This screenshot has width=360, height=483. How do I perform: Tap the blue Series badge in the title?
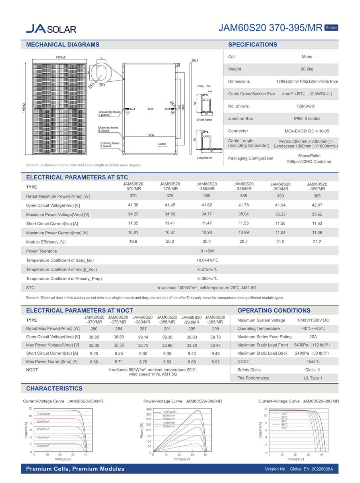tap(331, 28)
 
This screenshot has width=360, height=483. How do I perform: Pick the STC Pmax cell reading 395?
tap(317, 195)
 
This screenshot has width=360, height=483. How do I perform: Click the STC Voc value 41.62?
tap(206, 205)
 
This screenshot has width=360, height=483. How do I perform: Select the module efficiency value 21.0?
tap(280, 242)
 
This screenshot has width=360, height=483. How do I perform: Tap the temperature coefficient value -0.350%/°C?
tap(207, 279)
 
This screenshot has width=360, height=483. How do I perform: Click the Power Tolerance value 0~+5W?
tap(207, 251)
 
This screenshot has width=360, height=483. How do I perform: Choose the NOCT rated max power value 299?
tap(215, 329)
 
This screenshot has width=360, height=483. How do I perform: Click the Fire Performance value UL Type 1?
tap(313, 378)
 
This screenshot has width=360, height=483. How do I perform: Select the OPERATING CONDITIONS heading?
tap(274, 310)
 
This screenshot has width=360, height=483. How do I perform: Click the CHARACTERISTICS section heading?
tap(54, 388)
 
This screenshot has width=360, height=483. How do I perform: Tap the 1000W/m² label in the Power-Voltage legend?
tap(169, 412)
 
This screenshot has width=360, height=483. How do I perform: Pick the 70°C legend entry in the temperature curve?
tap(284, 428)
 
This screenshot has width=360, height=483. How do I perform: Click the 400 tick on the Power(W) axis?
tap(148, 409)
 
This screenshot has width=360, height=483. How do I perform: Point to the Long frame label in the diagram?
tap(204, 158)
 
